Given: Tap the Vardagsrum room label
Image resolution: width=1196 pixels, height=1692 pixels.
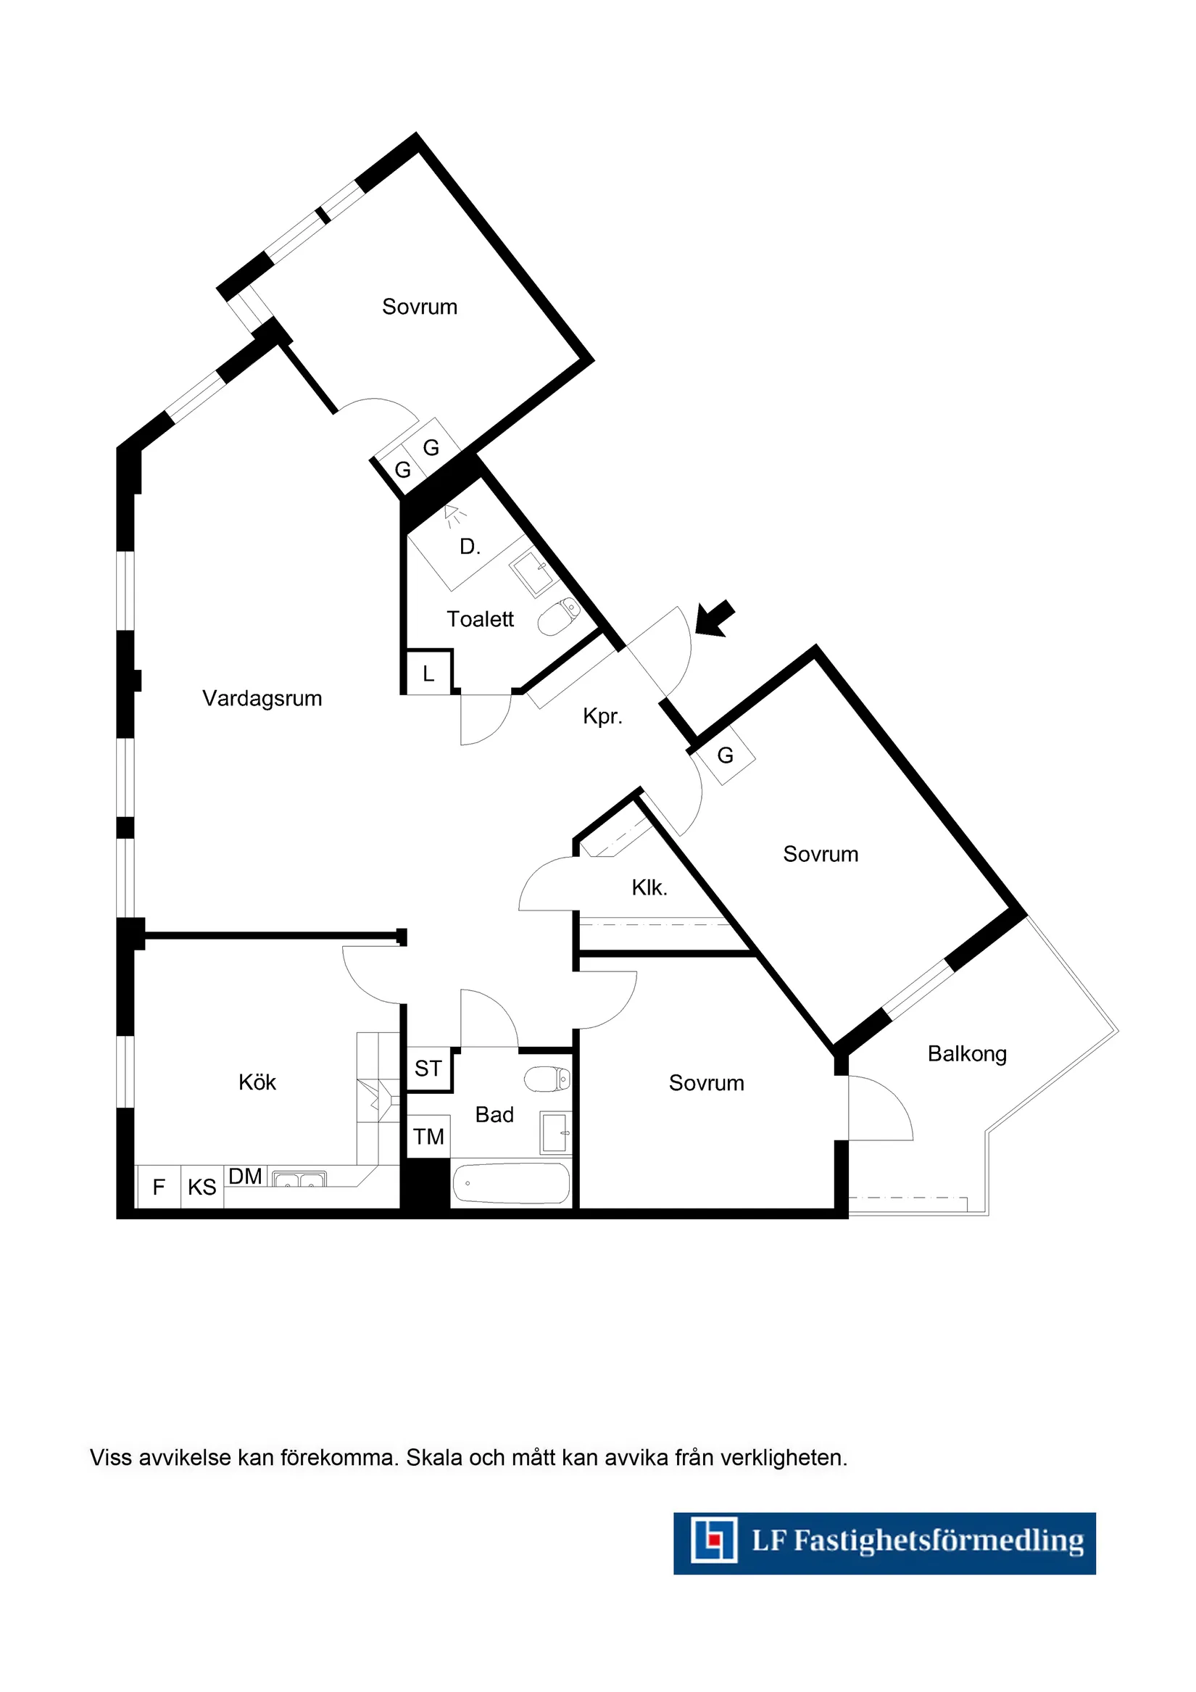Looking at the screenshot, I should pos(262,698).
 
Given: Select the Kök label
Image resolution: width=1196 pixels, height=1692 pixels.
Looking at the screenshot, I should pos(257,1082).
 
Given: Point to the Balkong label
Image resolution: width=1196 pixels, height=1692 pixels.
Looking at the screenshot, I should pos(967,1054).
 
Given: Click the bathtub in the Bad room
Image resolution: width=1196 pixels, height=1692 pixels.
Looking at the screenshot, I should pos(511,1183).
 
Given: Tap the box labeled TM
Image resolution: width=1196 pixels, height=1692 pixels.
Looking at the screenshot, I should pos(428,1137).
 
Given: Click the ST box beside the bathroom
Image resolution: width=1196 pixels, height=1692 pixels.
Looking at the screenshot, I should pos(428,1069).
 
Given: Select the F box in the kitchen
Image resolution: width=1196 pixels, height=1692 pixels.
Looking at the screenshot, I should pos(159,1187).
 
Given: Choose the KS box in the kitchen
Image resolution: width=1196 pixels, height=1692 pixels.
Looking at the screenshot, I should pos(202,1187).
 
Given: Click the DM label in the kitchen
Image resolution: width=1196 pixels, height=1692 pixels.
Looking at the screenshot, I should pos(246,1176).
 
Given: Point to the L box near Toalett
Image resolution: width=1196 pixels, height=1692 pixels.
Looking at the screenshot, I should pos(428,673).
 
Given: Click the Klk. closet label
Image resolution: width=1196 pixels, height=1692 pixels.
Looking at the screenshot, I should pos(649,888).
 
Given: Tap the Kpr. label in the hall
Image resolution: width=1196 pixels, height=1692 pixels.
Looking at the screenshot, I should pos(603,716).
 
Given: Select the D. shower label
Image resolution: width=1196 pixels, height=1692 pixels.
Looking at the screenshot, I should pos(470,547).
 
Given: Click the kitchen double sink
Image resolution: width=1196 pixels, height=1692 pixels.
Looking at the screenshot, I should pos(299,1179).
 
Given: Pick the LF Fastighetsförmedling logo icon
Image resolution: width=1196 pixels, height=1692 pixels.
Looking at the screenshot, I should pos(713,1540).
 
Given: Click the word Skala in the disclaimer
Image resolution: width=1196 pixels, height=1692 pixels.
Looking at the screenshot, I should pos(433,1458).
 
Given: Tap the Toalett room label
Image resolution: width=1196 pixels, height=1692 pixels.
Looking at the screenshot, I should pos(480,619).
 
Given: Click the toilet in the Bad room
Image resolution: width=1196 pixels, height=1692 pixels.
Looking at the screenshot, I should pos(547,1079).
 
